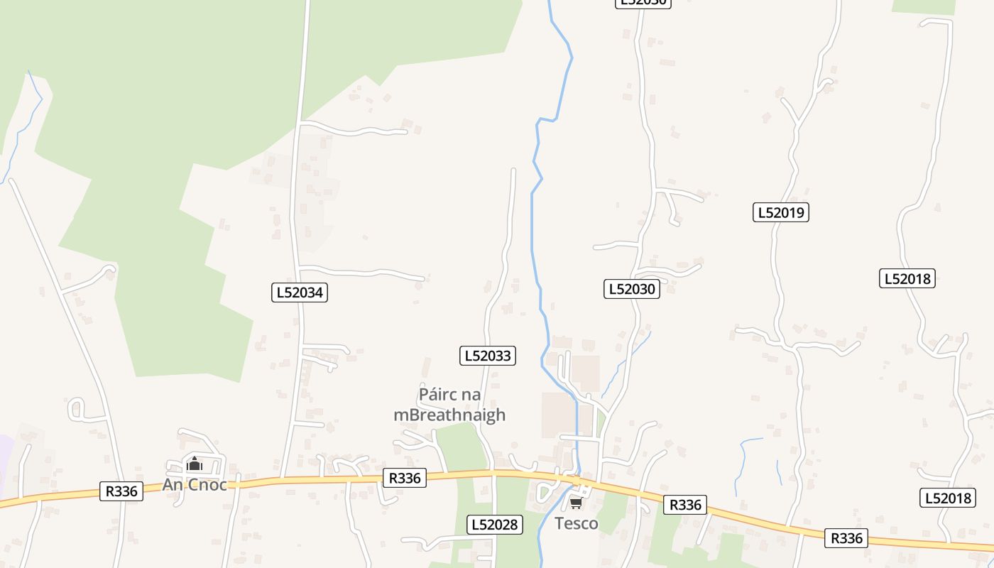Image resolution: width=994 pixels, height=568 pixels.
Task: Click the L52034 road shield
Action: (x=299, y=293)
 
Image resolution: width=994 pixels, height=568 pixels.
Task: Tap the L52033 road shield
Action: (x=488, y=356)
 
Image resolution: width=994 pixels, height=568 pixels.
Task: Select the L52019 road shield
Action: (x=781, y=212)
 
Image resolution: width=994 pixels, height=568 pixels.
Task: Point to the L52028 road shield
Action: (x=495, y=525)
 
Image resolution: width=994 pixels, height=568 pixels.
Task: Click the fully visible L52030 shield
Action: (x=632, y=289)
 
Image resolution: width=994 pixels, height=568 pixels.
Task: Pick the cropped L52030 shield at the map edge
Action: (x=642, y=3)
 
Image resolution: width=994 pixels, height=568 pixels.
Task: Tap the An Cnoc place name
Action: (x=195, y=485)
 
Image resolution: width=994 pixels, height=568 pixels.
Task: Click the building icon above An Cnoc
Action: (x=194, y=465)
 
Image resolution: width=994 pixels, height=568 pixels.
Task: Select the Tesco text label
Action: (x=576, y=524)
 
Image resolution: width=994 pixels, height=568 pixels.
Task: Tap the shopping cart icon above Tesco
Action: (x=576, y=503)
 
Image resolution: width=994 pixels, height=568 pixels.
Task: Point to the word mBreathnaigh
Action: (x=449, y=415)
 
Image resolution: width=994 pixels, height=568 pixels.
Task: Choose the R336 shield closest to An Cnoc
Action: (x=121, y=491)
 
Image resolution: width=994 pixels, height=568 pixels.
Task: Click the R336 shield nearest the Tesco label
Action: (x=685, y=505)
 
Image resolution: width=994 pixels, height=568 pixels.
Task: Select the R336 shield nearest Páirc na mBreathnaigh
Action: (x=405, y=478)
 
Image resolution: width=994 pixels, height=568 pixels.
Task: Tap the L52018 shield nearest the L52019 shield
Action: (x=907, y=278)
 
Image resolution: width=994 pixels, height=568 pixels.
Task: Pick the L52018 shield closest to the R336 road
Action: (x=948, y=498)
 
